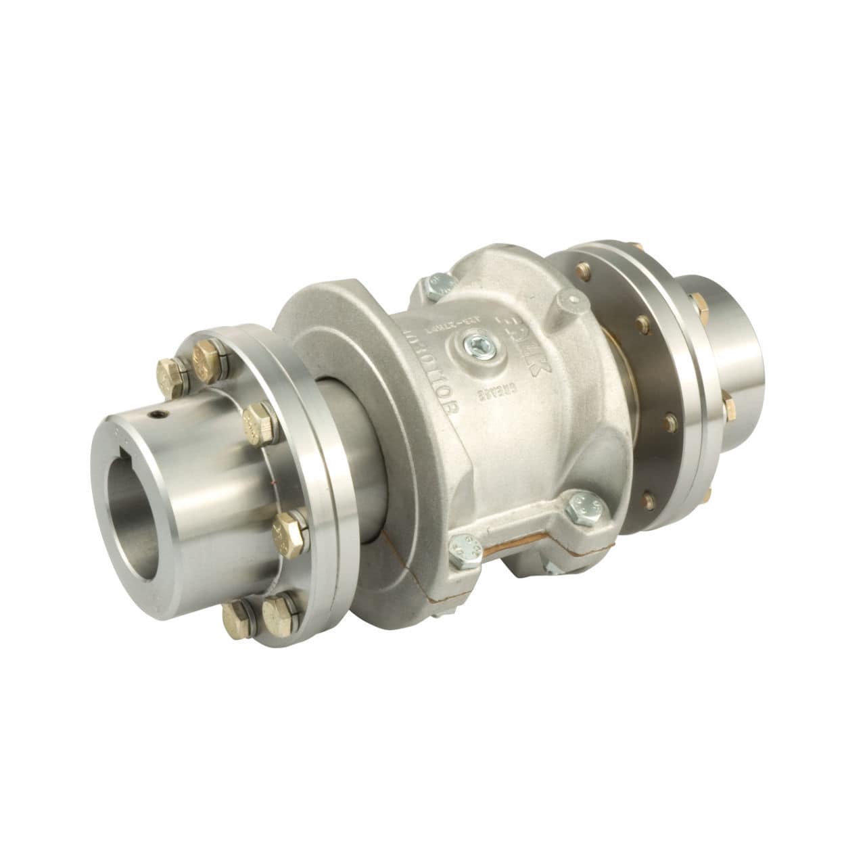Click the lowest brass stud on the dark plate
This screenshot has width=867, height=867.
tap(649, 500)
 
